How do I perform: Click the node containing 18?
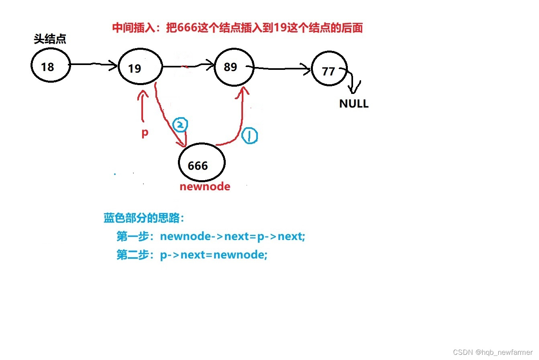(x=51, y=65)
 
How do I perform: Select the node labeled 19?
(x=140, y=67)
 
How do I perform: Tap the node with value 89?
(x=234, y=67)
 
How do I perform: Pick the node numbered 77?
(x=329, y=69)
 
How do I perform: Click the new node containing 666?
(x=202, y=163)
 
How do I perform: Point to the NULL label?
(x=354, y=104)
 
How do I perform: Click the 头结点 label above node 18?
(x=50, y=39)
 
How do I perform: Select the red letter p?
(x=145, y=132)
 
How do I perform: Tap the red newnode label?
(x=205, y=187)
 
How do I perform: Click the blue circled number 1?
(x=250, y=136)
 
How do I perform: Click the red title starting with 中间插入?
(x=237, y=28)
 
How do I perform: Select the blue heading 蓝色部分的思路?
(x=144, y=218)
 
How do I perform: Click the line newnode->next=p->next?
(x=211, y=236)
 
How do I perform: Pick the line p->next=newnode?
(x=192, y=255)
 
